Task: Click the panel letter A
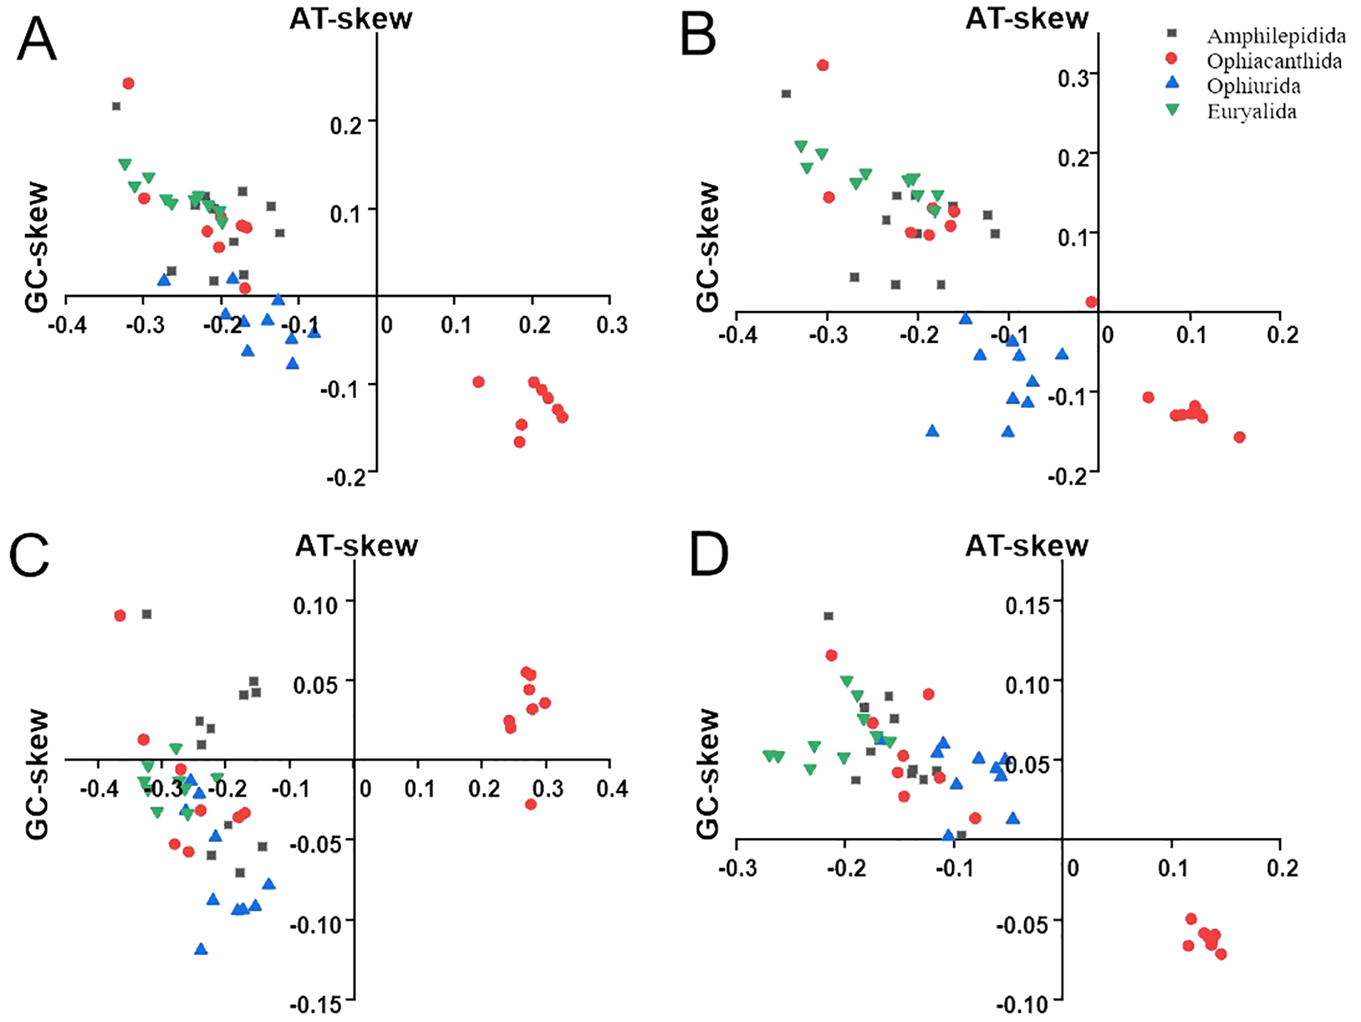pos(37,40)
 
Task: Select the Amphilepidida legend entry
pos(1275,36)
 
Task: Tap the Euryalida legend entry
pos(1251,111)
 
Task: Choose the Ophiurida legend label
pos(1253,86)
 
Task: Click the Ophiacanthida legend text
pos(1274,61)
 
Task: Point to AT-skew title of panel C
pos(357,545)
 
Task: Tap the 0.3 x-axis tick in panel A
pos(612,325)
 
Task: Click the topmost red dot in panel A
pos(128,83)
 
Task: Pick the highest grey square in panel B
pos(786,94)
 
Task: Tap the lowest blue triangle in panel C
pos(201,949)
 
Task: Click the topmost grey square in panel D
pos(828,616)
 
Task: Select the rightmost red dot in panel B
pos(1239,437)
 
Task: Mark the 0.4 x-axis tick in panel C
pos(612,789)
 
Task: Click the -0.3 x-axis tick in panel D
pos(737,868)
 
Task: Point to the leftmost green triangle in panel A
pos(124,164)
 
